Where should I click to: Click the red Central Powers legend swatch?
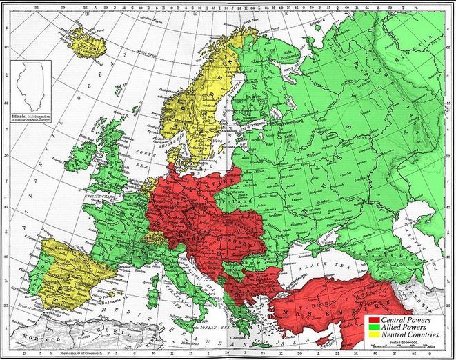click(374, 321)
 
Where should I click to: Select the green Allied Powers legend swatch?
click(374, 328)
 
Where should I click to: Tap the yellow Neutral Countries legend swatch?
click(374, 336)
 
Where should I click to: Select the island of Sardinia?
click(158, 297)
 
